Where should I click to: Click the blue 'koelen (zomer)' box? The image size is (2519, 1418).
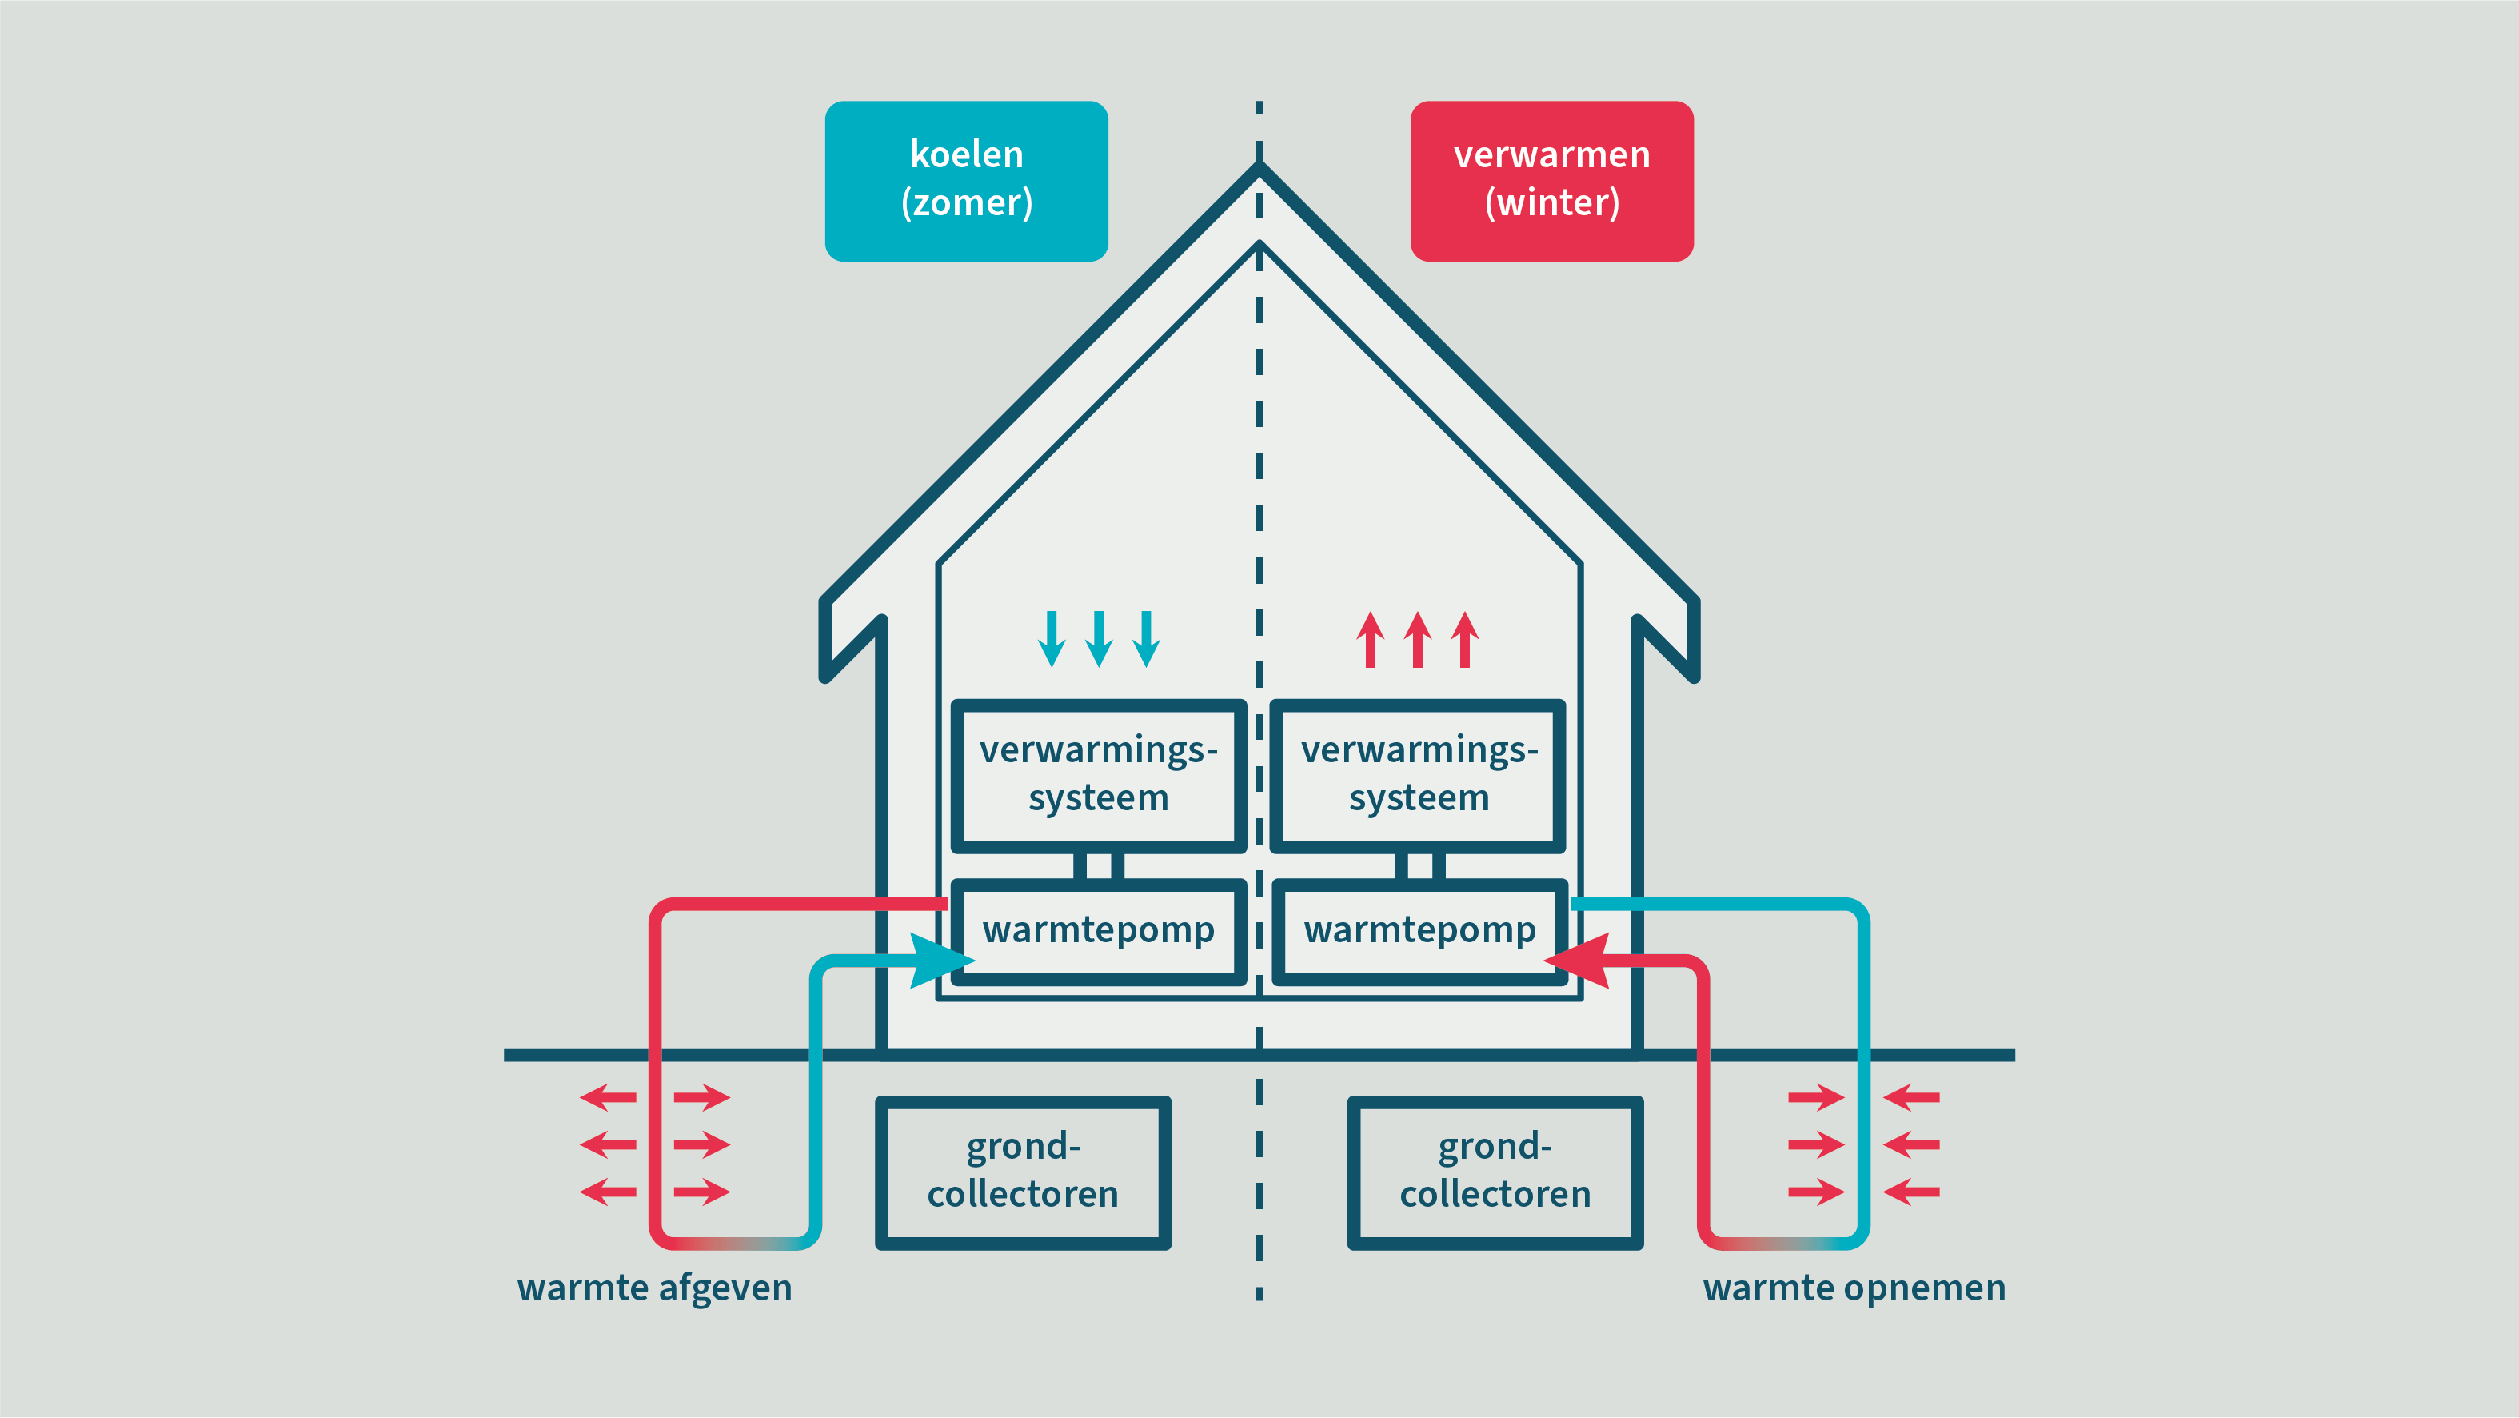click(x=966, y=181)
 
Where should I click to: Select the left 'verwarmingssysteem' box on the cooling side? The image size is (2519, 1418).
click(x=1098, y=774)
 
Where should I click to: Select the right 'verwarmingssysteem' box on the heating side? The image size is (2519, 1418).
click(x=1418, y=774)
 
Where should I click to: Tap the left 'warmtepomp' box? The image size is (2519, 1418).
click(x=1098, y=930)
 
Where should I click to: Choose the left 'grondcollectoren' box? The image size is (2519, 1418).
click(x=1023, y=1172)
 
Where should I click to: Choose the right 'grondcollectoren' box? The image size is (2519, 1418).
click(x=1495, y=1172)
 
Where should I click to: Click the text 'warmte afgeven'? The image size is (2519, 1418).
click(x=654, y=1288)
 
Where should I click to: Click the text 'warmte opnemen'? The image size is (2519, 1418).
click(x=1854, y=1288)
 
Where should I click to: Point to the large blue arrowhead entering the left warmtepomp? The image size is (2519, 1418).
click(x=940, y=961)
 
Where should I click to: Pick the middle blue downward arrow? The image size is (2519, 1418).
click(x=1099, y=640)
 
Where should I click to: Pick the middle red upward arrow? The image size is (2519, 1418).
click(x=1418, y=640)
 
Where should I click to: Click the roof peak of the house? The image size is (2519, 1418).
click(x=1259, y=168)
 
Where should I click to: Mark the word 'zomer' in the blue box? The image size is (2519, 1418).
click(x=966, y=203)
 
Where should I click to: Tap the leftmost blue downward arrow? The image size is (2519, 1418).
click(x=1052, y=640)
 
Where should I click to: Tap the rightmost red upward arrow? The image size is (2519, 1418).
click(x=1465, y=640)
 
